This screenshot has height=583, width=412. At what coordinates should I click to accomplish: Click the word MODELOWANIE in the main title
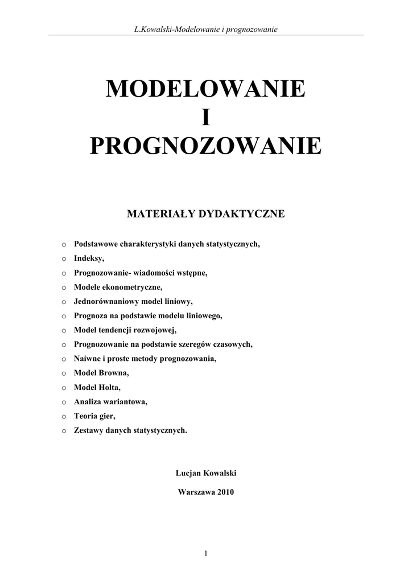[x=205, y=89]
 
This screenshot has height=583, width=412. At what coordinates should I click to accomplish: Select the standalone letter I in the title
[x=205, y=118]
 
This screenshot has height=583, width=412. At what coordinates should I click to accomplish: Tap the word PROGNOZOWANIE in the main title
[x=205, y=146]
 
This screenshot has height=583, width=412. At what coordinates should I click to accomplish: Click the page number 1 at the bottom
[x=206, y=553]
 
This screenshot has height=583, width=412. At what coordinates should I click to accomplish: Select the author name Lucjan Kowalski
[x=206, y=473]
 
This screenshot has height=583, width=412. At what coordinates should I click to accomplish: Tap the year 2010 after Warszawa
[x=224, y=492]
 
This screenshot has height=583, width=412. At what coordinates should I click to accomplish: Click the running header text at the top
[x=205, y=29]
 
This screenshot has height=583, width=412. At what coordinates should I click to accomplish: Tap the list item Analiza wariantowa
[x=110, y=401]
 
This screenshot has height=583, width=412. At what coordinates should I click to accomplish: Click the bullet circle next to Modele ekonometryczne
[x=64, y=288]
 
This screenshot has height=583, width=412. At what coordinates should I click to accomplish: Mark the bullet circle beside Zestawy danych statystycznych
[x=64, y=430]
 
